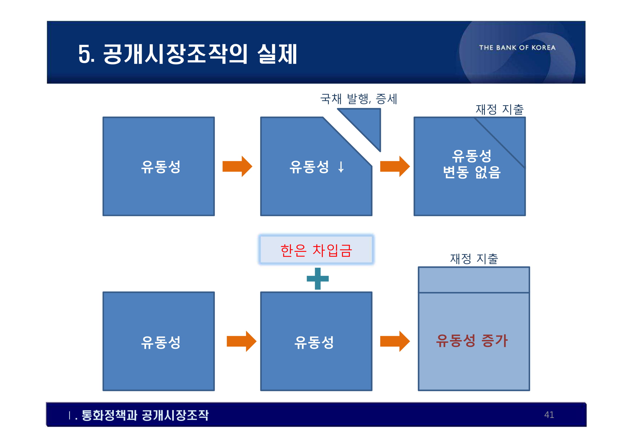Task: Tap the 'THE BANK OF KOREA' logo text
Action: [x=517, y=48]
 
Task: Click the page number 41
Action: [x=549, y=415]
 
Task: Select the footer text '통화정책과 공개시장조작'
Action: [x=145, y=415]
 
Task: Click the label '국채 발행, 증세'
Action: [x=358, y=99]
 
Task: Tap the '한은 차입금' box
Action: [x=316, y=250]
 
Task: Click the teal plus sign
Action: [x=318, y=279]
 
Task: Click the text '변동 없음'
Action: [x=472, y=172]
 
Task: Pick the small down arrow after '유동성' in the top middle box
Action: [x=341, y=167]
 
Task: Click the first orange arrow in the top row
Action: [x=237, y=166]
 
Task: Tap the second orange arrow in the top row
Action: [x=395, y=166]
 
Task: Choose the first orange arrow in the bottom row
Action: [x=241, y=341]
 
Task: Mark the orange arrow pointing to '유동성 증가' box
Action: [x=395, y=341]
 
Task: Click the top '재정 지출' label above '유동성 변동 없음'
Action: [x=499, y=109]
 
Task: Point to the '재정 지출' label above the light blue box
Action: [x=474, y=259]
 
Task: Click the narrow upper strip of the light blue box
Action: [x=474, y=280]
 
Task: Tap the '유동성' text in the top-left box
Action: [x=161, y=167]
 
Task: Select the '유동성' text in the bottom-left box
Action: [x=161, y=342]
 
